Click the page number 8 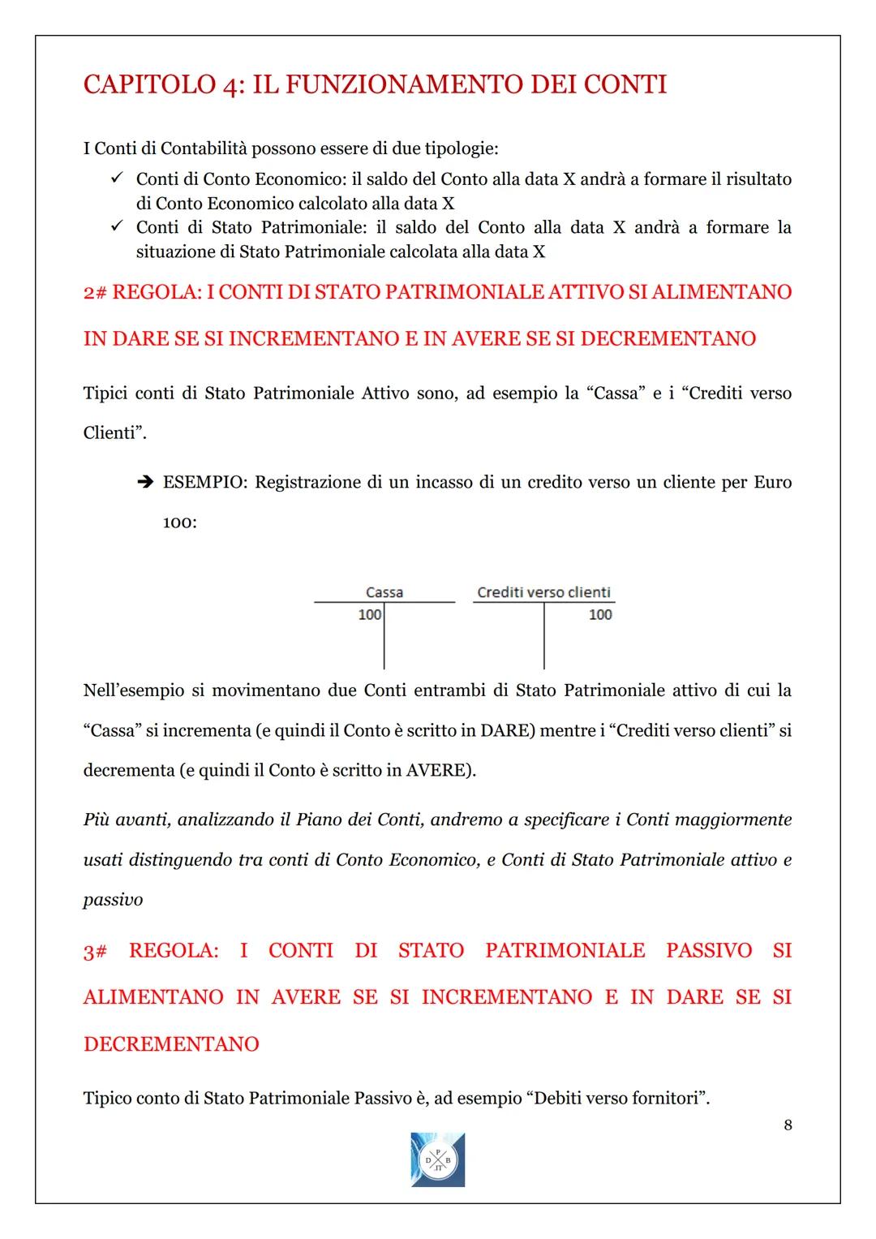tap(788, 1125)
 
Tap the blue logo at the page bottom tap(438, 1159)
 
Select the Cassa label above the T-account tap(384, 592)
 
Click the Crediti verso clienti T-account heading tap(543, 592)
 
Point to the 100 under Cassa tap(369, 615)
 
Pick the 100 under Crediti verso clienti tap(600, 615)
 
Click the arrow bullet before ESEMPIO tap(144, 483)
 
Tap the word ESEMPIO tap(205, 482)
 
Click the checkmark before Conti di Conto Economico tap(116, 178)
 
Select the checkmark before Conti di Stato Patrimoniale tap(116, 226)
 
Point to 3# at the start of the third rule tap(95, 950)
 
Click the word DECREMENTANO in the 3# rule tap(171, 1043)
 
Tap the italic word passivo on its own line tap(113, 899)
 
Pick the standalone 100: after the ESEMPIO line tap(179, 523)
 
